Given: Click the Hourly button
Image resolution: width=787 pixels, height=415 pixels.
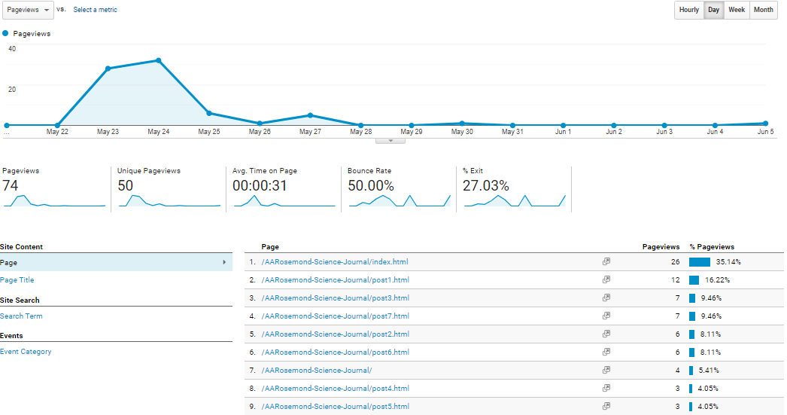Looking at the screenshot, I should point(688,10).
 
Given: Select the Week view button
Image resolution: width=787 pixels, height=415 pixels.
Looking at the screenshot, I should point(737,10).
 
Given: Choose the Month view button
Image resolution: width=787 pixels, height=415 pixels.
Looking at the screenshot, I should point(763,10).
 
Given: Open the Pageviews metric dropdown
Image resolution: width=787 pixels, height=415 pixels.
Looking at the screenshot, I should point(27,10).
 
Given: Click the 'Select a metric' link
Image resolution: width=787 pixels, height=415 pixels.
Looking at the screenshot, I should point(95,10).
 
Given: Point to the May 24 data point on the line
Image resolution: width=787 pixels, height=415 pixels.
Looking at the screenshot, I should point(158,60).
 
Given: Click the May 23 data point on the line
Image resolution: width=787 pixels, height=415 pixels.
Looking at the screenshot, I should point(108,69).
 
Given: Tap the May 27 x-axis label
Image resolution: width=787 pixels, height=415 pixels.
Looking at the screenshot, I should point(310,132).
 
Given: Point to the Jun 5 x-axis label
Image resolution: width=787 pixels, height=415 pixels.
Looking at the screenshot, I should point(765,132).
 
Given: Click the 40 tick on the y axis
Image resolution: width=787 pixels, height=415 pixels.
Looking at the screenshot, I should point(11,48).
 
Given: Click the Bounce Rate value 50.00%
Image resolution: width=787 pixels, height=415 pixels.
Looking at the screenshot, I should point(370,185).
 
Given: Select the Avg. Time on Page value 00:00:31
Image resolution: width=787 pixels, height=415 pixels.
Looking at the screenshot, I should point(259,185).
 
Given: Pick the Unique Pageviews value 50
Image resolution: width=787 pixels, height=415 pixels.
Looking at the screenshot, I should point(125,185).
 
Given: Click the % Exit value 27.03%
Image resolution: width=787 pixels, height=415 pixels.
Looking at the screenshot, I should point(485,185).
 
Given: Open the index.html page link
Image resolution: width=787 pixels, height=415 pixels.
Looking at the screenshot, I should point(335,262).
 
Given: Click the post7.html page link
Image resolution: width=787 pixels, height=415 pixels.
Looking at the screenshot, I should point(335,316).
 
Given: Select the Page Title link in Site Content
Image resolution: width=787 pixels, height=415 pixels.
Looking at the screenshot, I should point(17,280).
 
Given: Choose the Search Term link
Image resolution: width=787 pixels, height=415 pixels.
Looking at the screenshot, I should point(21,316).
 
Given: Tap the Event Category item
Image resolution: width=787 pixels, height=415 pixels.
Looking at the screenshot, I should point(26,352).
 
